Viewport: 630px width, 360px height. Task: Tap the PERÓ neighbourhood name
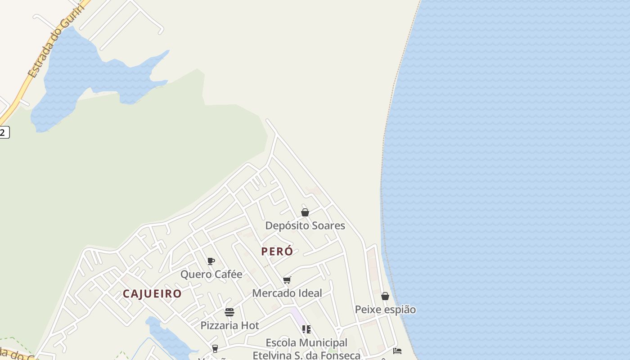pyautogui.click(x=277, y=252)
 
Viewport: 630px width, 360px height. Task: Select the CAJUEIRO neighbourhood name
pyautogui.click(x=152, y=294)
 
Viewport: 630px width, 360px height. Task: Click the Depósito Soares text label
pyautogui.click(x=305, y=225)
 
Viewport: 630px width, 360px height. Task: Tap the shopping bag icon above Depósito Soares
pyautogui.click(x=305, y=212)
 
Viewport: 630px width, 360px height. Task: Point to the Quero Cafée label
pyautogui.click(x=211, y=274)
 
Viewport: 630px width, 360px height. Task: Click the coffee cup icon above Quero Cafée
pyautogui.click(x=211, y=261)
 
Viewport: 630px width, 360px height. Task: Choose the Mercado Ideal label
pyautogui.click(x=287, y=293)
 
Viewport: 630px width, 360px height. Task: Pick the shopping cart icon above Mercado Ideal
pyautogui.click(x=287, y=280)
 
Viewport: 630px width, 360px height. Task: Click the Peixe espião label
pyautogui.click(x=385, y=310)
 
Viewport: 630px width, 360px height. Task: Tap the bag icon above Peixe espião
pyautogui.click(x=385, y=296)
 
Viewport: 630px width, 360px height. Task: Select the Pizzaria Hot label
pyautogui.click(x=229, y=325)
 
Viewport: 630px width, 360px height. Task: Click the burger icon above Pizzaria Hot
pyautogui.click(x=229, y=312)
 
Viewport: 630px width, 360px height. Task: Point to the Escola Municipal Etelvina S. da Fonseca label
pyautogui.click(x=306, y=349)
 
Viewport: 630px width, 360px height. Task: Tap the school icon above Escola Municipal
pyautogui.click(x=306, y=329)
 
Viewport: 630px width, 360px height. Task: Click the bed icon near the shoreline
pyautogui.click(x=397, y=351)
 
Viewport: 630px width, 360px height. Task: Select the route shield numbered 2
pyautogui.click(x=4, y=132)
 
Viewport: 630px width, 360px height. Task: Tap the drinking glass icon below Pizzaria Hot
pyautogui.click(x=215, y=348)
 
